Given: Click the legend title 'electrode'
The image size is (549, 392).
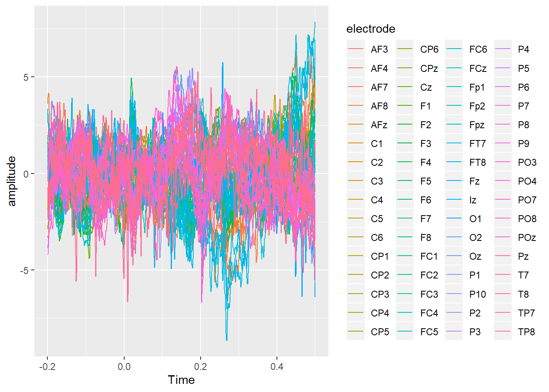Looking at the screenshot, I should coord(370,29).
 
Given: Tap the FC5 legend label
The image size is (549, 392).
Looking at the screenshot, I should coord(429,332).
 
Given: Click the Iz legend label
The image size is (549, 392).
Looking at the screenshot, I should coord(473,200).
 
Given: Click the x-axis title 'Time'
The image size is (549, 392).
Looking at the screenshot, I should coord(181,380).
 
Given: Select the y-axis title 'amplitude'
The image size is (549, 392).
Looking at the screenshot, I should coord(12,181).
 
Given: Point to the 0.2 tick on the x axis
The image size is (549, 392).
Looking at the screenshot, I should coord(201,367).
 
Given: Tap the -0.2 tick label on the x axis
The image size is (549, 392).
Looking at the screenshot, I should coord(47,367).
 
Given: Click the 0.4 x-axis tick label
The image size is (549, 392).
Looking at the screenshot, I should coord(277,367).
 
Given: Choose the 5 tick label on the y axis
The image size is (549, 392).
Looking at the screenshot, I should coord(26,77).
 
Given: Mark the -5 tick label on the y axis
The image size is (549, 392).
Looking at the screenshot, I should coord(25,270).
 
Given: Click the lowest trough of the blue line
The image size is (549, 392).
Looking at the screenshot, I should coord(227,340).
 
